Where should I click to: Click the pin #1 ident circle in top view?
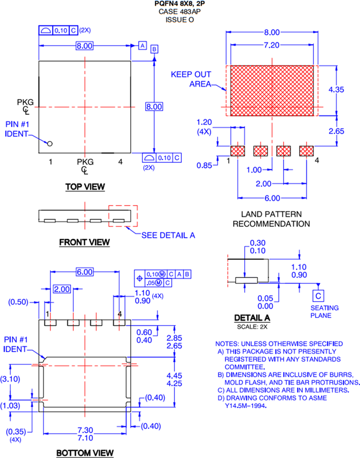(x=49, y=144)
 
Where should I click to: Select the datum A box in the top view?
(x=142, y=46)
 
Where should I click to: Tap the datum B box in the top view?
(x=154, y=49)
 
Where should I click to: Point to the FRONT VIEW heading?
(x=84, y=242)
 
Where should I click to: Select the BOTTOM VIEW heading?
(x=85, y=453)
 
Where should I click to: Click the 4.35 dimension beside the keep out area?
(x=336, y=90)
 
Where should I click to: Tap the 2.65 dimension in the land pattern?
(x=336, y=131)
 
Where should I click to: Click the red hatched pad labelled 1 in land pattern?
(x=238, y=151)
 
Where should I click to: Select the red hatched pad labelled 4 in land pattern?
(x=306, y=151)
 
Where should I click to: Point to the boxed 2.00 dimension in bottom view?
(x=62, y=289)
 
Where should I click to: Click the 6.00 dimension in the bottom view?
(x=84, y=272)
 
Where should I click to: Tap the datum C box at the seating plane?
(x=318, y=295)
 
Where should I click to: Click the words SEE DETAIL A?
(x=168, y=235)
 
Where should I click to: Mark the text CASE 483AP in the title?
(x=180, y=12)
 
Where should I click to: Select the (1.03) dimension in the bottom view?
(x=10, y=406)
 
